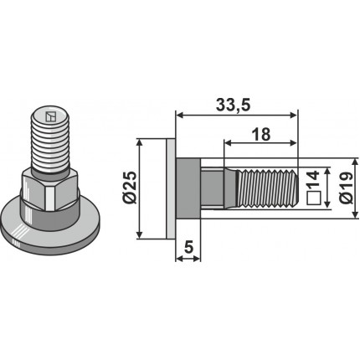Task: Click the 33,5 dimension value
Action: [234, 105]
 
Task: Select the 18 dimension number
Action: [261, 134]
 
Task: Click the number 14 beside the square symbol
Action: [313, 180]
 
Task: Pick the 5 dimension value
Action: [189, 247]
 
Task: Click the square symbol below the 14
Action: [313, 198]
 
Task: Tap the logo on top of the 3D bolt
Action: [50, 116]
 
